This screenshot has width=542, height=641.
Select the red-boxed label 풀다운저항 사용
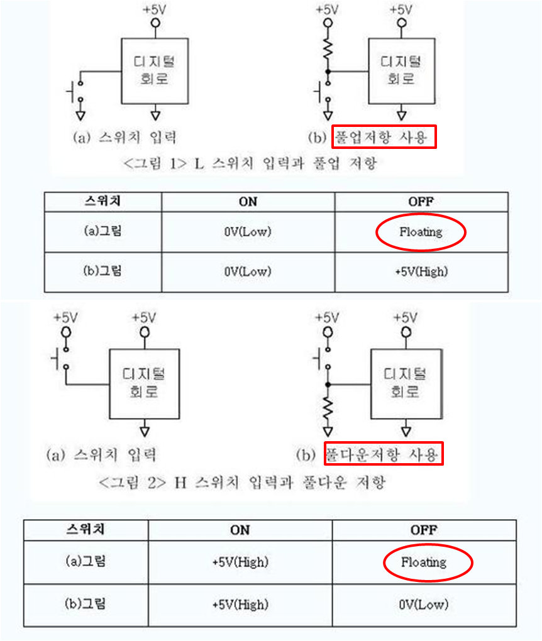click(384, 454)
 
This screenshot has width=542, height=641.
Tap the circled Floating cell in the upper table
click(421, 232)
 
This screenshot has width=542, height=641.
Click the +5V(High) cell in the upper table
click(421, 271)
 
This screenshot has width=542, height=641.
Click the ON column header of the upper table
click(248, 202)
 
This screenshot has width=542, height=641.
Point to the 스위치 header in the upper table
click(102, 202)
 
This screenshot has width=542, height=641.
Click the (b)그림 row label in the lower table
click(86, 604)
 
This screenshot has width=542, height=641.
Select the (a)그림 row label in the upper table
click(102, 231)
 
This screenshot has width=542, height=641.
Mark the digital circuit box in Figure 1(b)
click(402, 70)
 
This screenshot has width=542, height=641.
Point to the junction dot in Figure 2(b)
click(328, 383)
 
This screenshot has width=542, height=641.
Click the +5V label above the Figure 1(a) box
click(155, 9)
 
